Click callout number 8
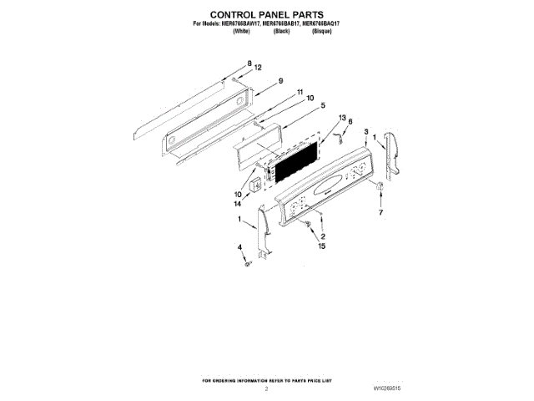coord(249,64)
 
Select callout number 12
coord(258,67)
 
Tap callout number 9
coord(281,80)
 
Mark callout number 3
coord(365,131)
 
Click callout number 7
coord(382,214)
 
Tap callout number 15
coord(322,246)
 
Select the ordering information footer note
coord(267,380)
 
